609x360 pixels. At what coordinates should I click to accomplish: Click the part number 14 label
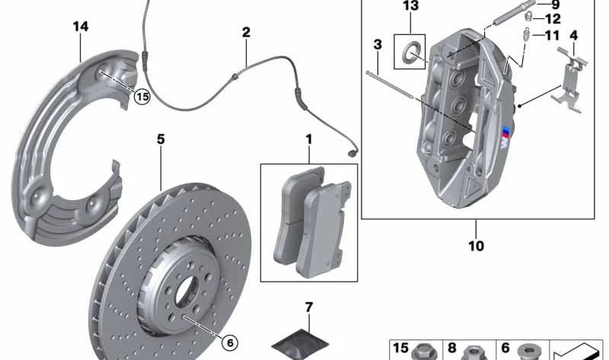[81, 27]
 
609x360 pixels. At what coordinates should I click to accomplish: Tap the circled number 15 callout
[142, 97]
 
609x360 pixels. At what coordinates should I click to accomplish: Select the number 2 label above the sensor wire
[246, 33]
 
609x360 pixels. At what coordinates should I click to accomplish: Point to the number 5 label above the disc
[161, 139]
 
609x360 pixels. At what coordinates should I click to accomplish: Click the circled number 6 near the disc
[230, 342]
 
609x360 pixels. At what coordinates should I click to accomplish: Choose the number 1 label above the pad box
[309, 139]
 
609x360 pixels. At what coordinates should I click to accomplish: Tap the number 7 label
[309, 307]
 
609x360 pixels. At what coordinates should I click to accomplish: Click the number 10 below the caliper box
[477, 245]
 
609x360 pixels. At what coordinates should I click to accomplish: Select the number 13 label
[410, 6]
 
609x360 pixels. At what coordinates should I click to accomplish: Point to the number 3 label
[378, 45]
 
